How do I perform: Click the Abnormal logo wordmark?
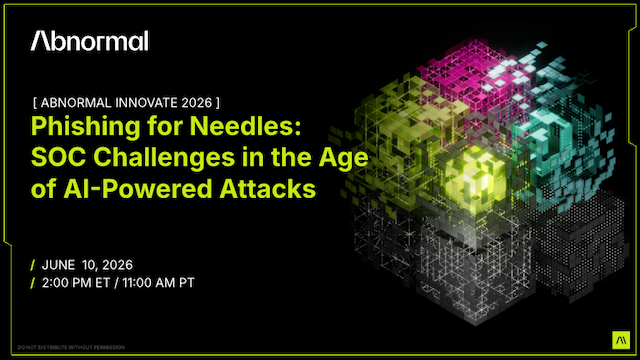[x=89, y=41]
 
